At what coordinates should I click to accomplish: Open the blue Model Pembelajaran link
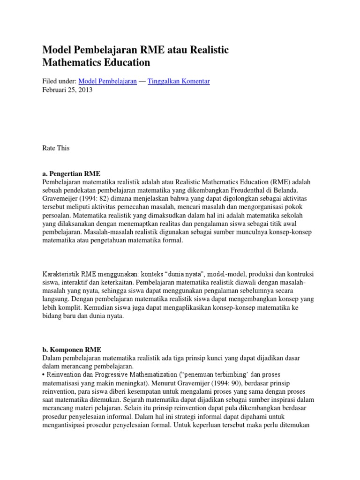(107, 81)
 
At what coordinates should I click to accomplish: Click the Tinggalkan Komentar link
(179, 81)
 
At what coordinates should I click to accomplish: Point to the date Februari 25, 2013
(67, 90)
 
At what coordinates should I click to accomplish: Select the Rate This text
(56, 148)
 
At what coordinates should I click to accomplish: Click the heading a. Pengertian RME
(71, 173)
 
